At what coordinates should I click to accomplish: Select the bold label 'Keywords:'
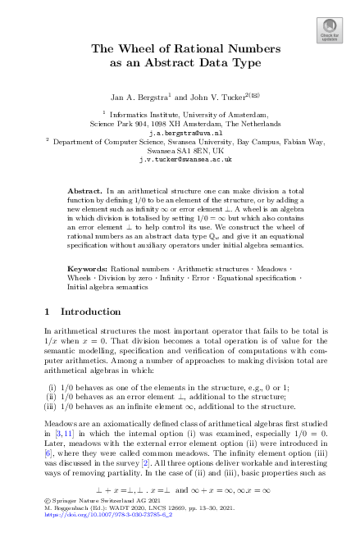point(87,269)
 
